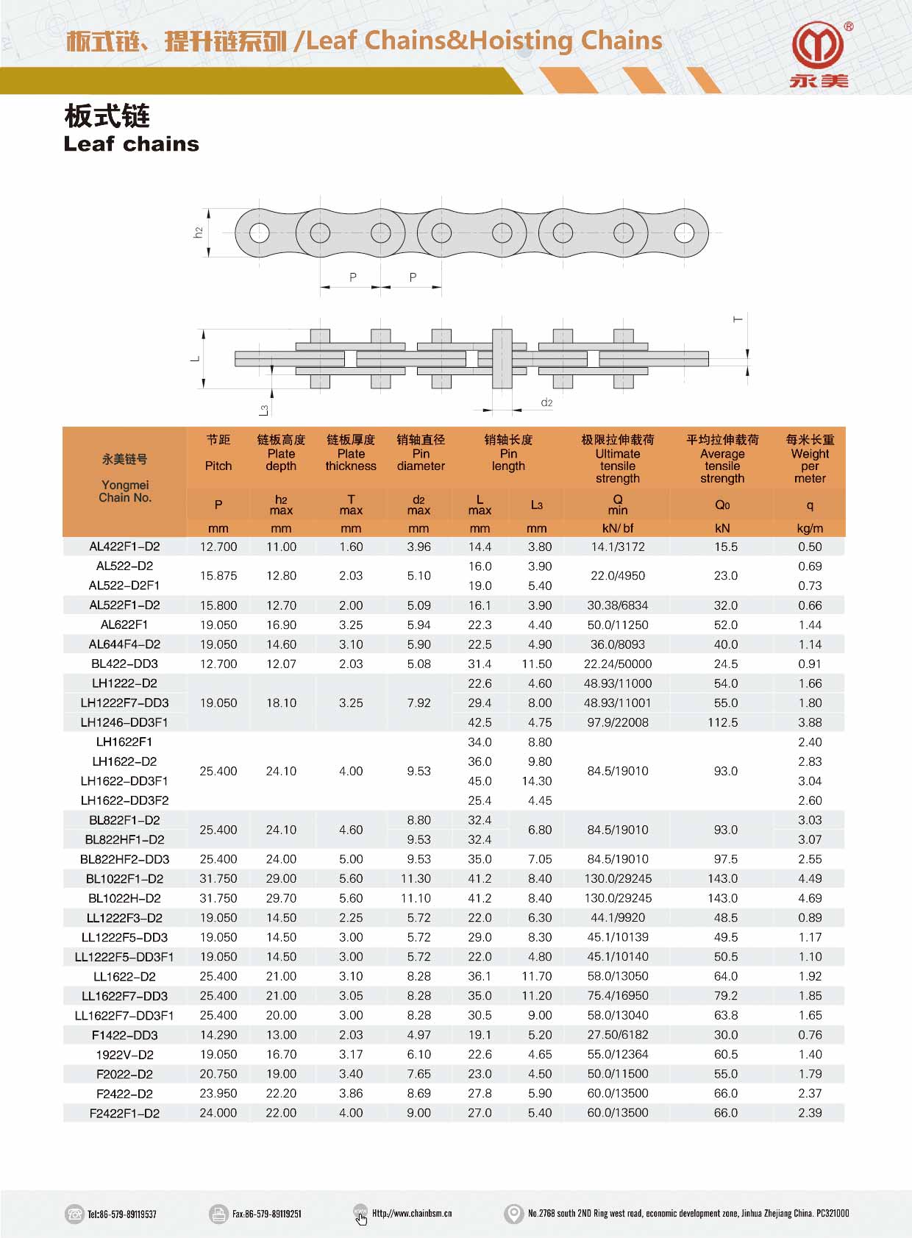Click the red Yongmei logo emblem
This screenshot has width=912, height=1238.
817,46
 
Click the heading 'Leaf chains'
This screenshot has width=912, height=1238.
132,143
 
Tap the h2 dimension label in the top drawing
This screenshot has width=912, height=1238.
198,232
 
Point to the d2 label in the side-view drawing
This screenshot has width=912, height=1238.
546,402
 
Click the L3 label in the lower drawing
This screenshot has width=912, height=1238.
264,410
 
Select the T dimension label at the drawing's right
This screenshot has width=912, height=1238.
738,319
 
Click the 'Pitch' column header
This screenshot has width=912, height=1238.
218,466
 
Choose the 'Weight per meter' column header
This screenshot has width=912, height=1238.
810,466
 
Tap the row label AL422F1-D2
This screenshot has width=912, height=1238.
124,547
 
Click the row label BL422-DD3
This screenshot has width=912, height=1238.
124,664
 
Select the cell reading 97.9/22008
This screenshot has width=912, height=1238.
618,722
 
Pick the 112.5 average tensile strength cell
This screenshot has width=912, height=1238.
722,722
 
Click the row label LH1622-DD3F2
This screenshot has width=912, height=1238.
124,800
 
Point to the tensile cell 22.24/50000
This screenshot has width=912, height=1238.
618,664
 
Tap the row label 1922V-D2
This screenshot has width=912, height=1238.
124,1054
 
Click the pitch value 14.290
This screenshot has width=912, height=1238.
218,1035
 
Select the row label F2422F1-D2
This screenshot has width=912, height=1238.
124,1113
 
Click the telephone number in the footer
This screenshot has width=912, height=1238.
122,1214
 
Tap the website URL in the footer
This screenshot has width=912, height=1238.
412,1214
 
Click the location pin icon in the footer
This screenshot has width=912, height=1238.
513,1214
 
